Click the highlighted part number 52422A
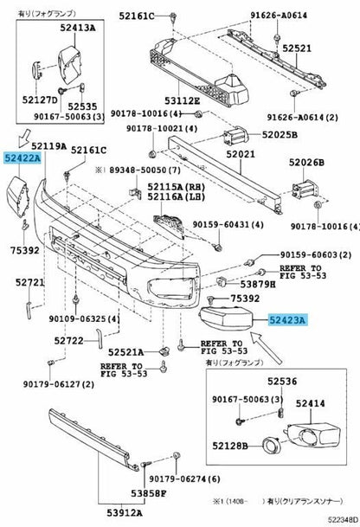[22, 157]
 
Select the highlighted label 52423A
[287, 320]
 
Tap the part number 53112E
[183, 100]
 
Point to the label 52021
[241, 154]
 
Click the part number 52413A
[78, 28]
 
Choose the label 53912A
[125, 513]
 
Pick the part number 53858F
[149, 493]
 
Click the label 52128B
[230, 446]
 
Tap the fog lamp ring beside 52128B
[269, 446]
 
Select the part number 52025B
[280, 135]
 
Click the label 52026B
[306, 163]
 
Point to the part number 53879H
[258, 285]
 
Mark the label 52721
[29, 283]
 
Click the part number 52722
[68, 341]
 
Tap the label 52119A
[48, 146]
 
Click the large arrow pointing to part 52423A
[267, 348]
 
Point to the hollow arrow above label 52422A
[24, 138]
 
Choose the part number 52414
[311, 403]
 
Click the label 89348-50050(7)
[145, 170]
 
